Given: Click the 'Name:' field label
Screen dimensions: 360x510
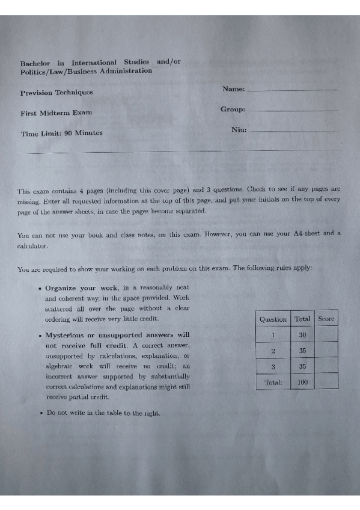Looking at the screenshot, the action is click(x=233, y=89).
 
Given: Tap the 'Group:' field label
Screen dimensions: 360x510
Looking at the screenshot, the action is click(x=233, y=109).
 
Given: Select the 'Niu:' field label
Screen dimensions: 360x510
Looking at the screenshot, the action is click(x=239, y=129).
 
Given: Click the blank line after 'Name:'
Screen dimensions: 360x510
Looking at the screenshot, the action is click(x=292, y=91).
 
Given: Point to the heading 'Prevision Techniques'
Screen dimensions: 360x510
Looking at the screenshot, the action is click(x=56, y=93).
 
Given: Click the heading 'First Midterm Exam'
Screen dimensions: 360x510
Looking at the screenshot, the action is click(x=56, y=112).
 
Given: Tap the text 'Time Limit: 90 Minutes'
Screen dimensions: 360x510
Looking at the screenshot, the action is click(x=61, y=133).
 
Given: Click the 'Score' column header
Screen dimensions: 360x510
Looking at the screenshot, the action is click(x=326, y=318).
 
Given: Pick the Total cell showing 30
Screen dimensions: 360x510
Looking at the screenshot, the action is click(x=302, y=334).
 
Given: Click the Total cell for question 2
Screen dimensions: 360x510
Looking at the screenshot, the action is click(x=302, y=350).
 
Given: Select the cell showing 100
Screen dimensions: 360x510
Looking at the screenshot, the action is click(x=302, y=382).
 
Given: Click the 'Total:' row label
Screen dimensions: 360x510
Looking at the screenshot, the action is click(x=273, y=382).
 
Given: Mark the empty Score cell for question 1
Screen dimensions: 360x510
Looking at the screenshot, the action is click(x=326, y=334).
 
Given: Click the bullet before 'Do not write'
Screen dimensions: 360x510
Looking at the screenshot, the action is click(x=39, y=413).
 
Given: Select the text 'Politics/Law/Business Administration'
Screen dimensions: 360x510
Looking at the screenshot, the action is click(x=86, y=71).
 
